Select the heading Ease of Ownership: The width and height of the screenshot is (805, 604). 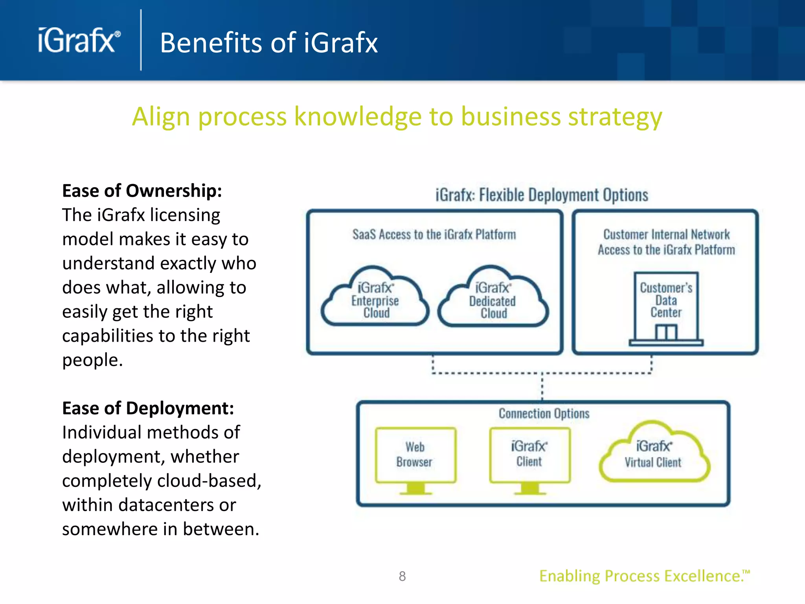[142, 191]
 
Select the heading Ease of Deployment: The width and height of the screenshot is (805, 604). [148, 408]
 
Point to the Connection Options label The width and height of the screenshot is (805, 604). [544, 414]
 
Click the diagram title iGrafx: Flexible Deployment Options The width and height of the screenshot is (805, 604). [542, 195]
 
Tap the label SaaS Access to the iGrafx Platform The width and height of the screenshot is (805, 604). [434, 235]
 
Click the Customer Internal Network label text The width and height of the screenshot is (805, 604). [666, 235]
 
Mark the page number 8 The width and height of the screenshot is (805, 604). [402, 576]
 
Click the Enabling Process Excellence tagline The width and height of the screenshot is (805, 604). [644, 576]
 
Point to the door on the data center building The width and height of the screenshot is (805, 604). [666, 333]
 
